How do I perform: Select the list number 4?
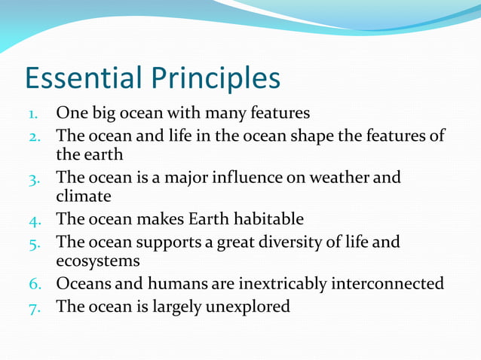point(33,220)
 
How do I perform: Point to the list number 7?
point(33,307)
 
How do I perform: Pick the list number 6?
point(33,285)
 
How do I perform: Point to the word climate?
point(84,197)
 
